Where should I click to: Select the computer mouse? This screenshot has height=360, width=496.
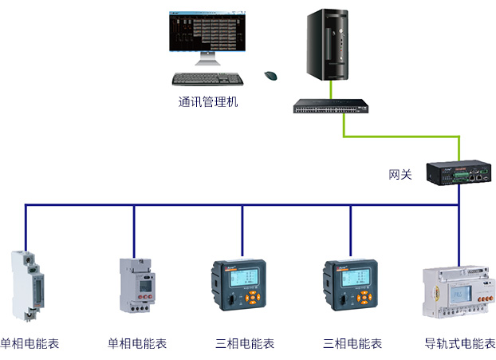pyautogui.click(x=271, y=75)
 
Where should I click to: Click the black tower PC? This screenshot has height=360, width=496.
pyautogui.click(x=329, y=47)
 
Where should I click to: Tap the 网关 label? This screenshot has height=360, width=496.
pyautogui.click(x=400, y=174)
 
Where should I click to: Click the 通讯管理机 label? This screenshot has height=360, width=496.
pyautogui.click(x=208, y=102)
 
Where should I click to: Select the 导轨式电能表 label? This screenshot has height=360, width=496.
pyautogui.click(x=460, y=344)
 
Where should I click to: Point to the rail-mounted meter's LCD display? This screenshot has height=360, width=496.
pyautogui.click(x=461, y=295)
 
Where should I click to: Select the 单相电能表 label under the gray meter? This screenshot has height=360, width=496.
pyautogui.click(x=137, y=344)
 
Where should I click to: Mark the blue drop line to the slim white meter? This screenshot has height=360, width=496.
pyautogui.click(x=26, y=227)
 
